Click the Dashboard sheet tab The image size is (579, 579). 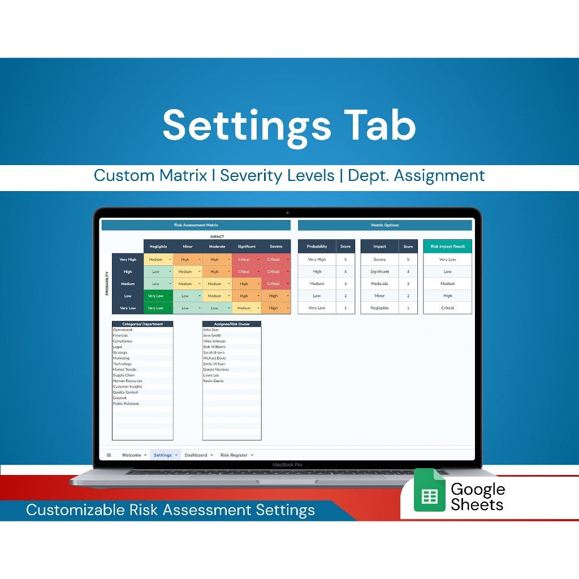(x=196, y=455)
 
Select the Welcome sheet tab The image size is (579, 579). (x=131, y=455)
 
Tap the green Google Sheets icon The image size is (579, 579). (x=429, y=490)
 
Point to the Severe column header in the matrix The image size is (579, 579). (x=276, y=247)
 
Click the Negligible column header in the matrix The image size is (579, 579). (x=158, y=247)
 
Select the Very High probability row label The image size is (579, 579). (x=128, y=260)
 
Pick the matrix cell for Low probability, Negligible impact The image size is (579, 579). (x=158, y=296)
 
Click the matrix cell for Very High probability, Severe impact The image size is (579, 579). (x=276, y=260)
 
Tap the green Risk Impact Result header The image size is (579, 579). (x=447, y=247)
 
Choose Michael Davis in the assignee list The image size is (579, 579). (x=214, y=358)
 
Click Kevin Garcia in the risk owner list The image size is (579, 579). (x=213, y=381)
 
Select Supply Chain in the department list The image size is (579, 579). (x=124, y=375)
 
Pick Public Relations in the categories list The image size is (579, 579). (x=126, y=404)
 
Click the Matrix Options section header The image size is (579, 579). (x=384, y=225)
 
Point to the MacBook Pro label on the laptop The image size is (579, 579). (x=287, y=465)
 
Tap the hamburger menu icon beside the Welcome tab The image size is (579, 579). (x=109, y=455)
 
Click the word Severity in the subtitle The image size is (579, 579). (x=247, y=176)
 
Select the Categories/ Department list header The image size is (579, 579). (x=142, y=324)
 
